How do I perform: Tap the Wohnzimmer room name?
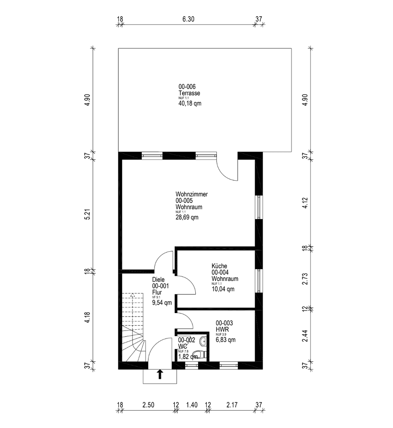pyautogui.click(x=192, y=195)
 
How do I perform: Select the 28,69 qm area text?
pyautogui.click(x=187, y=217)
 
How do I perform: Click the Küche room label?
pyautogui.click(x=219, y=266)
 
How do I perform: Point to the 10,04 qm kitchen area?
pyautogui.click(x=223, y=289)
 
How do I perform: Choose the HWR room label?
pyautogui.click(x=221, y=329)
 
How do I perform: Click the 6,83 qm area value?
pyautogui.click(x=225, y=340)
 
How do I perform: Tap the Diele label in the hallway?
pyautogui.click(x=158, y=279)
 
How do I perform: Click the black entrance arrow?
pyautogui.click(x=160, y=374)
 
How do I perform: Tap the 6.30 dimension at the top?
pyautogui.click(x=189, y=19)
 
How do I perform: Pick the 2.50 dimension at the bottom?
pyautogui.click(x=148, y=405)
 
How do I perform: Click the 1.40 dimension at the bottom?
pyautogui.click(x=192, y=405)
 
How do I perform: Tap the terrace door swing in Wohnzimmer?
pyautogui.click(x=227, y=170)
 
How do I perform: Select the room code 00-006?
pyautogui.click(x=187, y=87)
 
